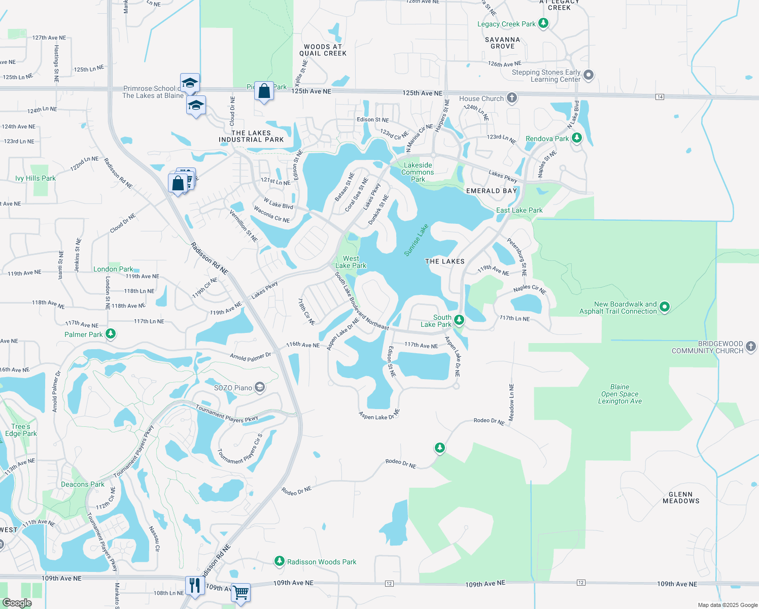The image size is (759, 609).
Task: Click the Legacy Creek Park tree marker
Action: pos(543,23)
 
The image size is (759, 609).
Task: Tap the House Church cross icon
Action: pos(512,98)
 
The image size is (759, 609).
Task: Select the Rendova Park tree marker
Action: pos(576,138)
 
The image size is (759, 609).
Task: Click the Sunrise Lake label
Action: pos(416,240)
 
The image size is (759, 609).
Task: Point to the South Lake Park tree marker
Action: pos(459,319)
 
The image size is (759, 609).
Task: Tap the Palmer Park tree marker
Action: pos(111,333)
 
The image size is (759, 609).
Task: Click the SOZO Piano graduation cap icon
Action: pos(259,388)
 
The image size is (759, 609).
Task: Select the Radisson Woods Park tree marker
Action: pos(279,561)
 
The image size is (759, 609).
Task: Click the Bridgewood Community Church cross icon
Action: pos(751,347)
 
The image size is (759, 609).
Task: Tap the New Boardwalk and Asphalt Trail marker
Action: pos(665,307)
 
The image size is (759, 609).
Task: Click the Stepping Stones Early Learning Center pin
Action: pos(589,75)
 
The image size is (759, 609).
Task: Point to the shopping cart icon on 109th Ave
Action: pos(241,592)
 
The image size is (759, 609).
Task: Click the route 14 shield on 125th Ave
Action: pos(660,97)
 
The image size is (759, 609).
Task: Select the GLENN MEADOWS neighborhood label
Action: pos(681,497)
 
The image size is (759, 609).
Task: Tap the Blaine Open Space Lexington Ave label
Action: pos(619,394)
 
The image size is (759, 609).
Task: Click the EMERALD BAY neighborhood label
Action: pos(491,191)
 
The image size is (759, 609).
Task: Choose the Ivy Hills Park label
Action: pos(36,178)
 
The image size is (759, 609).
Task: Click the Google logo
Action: pos(17,603)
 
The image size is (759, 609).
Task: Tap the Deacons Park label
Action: pos(83,484)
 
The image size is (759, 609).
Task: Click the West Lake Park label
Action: pos(351,262)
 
